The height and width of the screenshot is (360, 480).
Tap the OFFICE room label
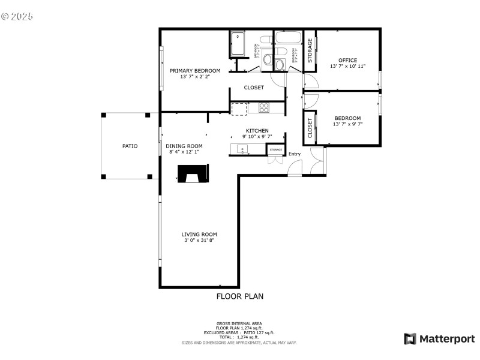347,60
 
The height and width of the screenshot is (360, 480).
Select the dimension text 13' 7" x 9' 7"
347,125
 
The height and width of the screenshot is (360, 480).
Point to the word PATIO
130,146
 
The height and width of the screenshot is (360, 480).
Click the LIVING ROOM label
199,235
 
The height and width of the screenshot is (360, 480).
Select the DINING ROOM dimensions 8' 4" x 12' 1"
184,152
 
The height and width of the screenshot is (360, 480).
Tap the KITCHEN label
257,130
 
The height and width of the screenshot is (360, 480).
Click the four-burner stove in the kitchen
265,108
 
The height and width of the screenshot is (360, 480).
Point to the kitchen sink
242,149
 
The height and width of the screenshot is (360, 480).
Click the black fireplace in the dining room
192,175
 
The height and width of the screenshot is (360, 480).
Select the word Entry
295,154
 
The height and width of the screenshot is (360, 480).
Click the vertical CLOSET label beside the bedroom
310,128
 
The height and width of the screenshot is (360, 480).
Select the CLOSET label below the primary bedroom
254,88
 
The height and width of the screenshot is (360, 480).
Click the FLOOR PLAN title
239,296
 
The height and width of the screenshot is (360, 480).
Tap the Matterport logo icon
410,339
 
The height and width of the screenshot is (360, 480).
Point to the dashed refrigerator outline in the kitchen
239,109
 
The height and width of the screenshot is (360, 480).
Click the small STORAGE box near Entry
275,149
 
